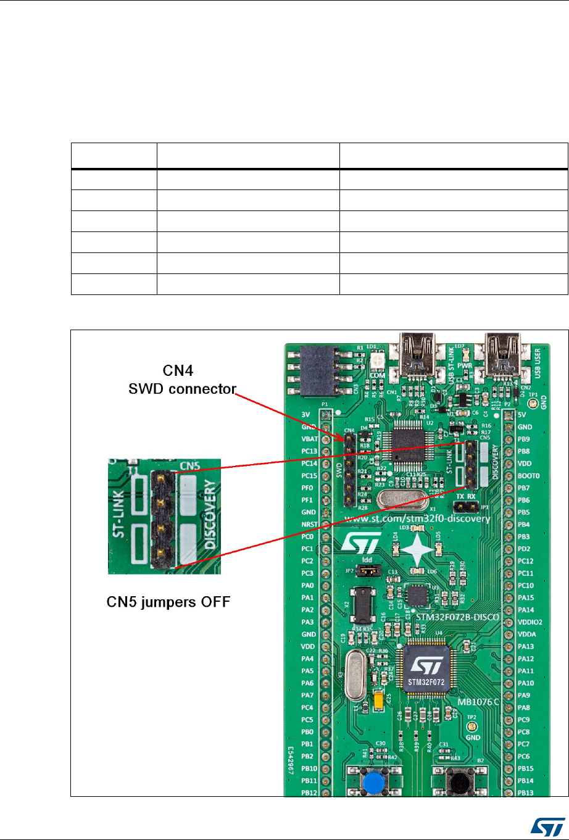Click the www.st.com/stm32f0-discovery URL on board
pos(417,518)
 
